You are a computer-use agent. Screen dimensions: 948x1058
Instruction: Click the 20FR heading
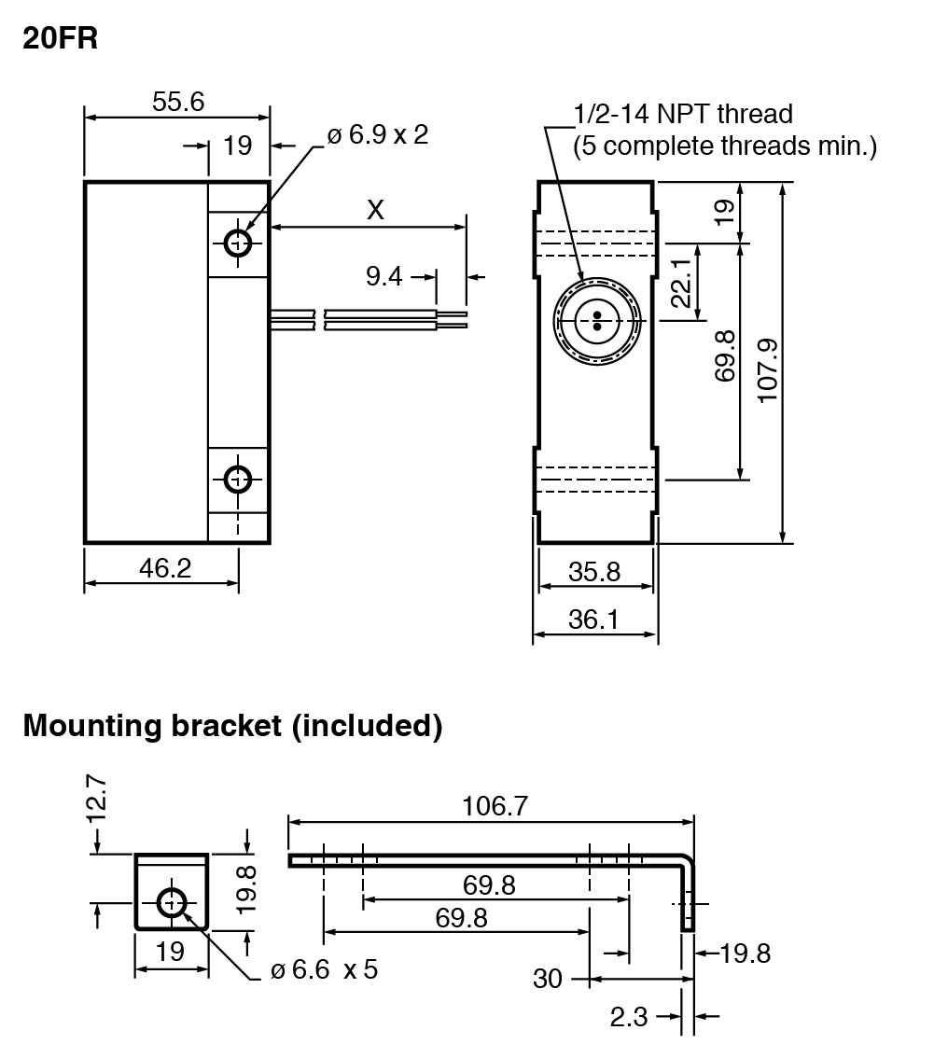tap(60, 37)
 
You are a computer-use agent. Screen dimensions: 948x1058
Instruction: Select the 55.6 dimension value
tap(178, 102)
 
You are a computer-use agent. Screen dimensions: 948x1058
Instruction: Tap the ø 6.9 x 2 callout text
tap(378, 135)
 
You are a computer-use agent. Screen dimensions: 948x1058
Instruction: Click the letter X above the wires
tap(375, 210)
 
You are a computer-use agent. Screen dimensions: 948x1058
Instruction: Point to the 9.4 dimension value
tap(383, 276)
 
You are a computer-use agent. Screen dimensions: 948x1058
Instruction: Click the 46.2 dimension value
tap(165, 568)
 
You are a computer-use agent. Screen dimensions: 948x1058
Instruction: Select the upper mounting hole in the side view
tap(238, 243)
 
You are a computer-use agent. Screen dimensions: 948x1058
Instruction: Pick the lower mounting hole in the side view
tap(237, 480)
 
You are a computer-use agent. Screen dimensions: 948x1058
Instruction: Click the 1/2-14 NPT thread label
tap(683, 114)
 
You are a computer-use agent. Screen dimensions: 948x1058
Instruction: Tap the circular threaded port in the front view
tap(597, 321)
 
